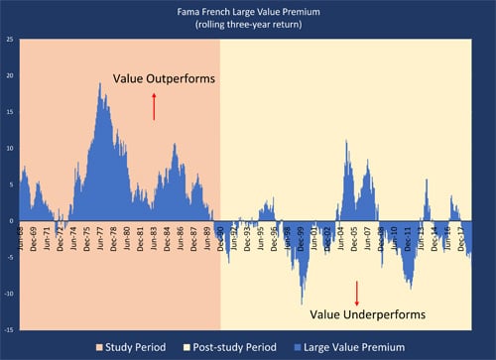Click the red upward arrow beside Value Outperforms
154,105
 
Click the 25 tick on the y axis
9,40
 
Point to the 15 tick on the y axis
9,112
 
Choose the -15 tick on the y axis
9,329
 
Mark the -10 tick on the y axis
9,294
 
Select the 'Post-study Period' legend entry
266,347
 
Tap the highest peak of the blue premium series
100,84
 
